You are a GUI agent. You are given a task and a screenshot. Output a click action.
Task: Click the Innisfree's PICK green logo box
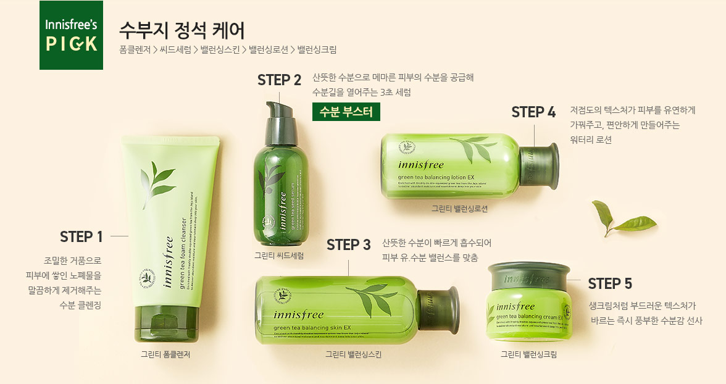tap(71, 35)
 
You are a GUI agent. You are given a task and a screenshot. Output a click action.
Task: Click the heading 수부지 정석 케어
tap(181, 29)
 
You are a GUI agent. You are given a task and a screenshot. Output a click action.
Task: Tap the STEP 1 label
tap(81, 236)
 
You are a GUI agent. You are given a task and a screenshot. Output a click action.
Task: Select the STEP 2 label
tap(279, 80)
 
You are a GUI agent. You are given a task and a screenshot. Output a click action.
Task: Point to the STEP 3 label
tap(349, 245)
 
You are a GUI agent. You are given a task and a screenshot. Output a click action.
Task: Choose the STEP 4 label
tap(533, 112)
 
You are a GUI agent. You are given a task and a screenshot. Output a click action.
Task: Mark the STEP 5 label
tap(610, 283)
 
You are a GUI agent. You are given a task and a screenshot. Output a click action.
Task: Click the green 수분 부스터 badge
tap(346, 112)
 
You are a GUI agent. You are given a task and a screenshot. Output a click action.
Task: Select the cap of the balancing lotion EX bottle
tap(539, 165)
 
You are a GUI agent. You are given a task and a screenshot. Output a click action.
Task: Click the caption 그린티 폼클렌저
tap(165, 354)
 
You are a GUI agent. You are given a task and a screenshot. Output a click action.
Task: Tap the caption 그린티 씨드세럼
tap(279, 255)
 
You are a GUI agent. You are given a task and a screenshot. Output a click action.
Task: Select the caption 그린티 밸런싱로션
tap(459, 209)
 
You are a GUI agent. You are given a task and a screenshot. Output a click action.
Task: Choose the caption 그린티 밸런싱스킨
tap(354, 354)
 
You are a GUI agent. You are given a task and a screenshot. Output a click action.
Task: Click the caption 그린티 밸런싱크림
tap(528, 354)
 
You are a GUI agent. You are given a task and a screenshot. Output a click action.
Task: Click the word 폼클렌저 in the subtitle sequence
tap(135, 49)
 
